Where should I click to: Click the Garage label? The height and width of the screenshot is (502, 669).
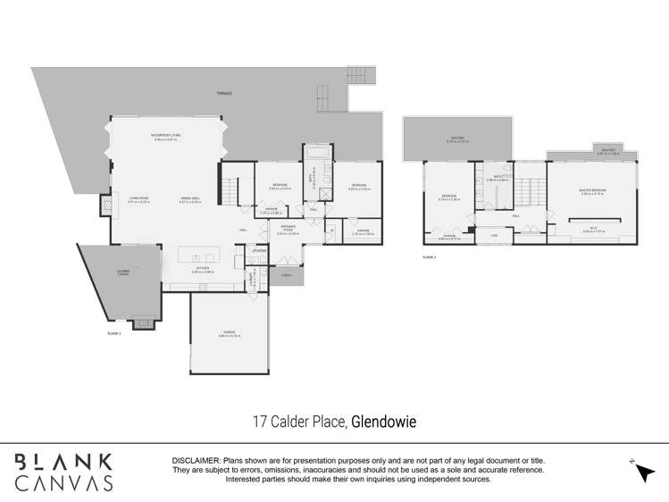click(230, 333)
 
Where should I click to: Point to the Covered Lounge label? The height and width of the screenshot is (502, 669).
click(122, 272)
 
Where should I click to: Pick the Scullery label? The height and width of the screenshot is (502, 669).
click(258, 251)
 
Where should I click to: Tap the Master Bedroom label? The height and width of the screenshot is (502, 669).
click(592, 191)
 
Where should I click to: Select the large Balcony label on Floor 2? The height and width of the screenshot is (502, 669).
click(456, 139)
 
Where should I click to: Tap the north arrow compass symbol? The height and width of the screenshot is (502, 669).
click(642, 472)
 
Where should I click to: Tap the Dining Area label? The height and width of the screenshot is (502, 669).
click(189, 201)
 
